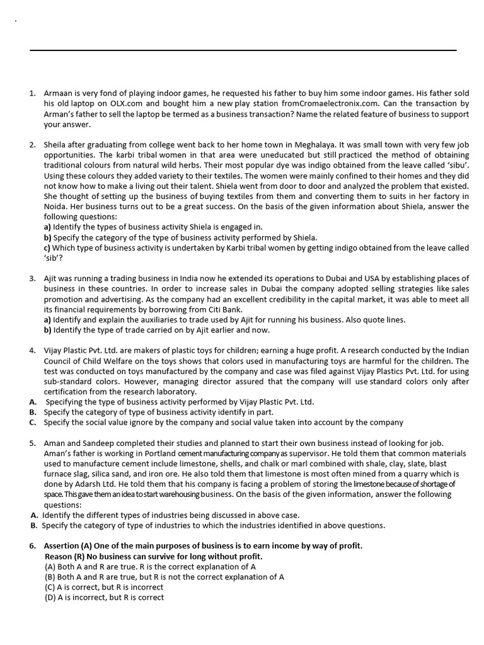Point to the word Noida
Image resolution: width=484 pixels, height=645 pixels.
point(57,207)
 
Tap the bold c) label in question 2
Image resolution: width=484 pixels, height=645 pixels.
point(47,248)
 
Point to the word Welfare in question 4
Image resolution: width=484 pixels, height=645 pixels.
point(105,361)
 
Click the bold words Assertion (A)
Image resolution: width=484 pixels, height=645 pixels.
point(69,545)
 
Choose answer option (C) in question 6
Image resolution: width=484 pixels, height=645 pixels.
point(50,587)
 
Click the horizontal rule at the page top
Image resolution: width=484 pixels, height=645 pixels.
point(243,50)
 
